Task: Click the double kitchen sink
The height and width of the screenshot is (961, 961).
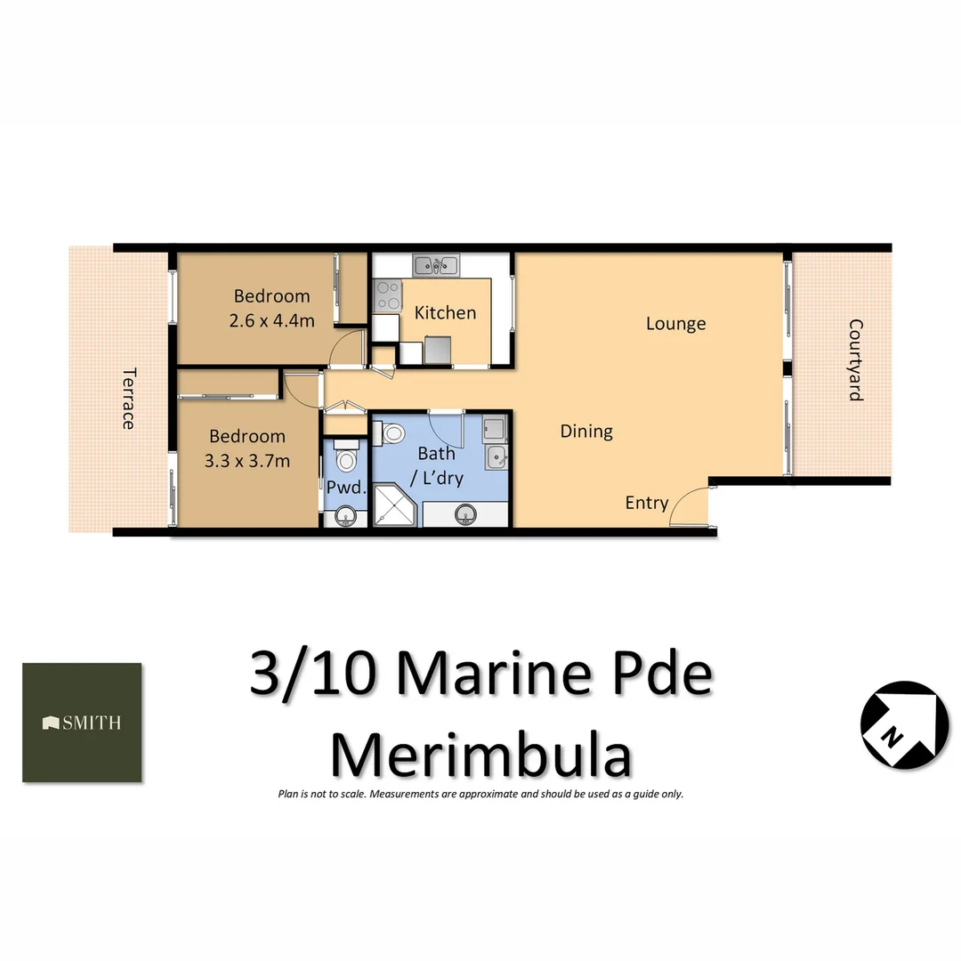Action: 435,264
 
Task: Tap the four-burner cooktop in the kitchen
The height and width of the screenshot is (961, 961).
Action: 386,295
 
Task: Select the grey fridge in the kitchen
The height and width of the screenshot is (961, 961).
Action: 438,351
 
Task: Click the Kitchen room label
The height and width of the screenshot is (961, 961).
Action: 445,313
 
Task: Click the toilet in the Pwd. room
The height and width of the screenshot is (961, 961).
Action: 346,457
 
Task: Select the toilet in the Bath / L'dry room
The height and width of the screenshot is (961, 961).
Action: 391,433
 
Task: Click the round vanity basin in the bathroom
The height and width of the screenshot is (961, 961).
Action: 464,513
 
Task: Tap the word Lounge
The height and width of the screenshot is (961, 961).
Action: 676,324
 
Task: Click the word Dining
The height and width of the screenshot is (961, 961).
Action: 586,432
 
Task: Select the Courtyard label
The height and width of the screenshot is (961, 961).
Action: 855,360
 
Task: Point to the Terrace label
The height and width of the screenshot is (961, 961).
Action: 128,399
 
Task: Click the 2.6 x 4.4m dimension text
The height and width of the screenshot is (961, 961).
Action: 271,321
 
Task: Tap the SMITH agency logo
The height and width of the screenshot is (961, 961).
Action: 82,723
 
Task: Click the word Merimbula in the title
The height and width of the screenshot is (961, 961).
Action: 480,755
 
